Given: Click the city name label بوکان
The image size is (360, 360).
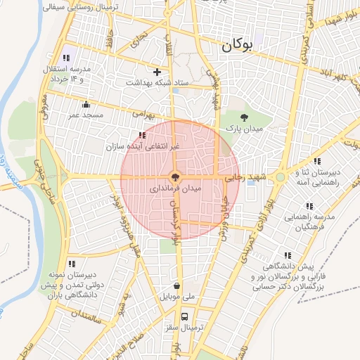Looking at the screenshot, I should (236, 47).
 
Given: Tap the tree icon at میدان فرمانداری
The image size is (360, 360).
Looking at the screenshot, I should (175, 178).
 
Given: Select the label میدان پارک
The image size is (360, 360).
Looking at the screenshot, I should (243, 129).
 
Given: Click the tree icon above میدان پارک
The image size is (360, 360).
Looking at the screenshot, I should (244, 117).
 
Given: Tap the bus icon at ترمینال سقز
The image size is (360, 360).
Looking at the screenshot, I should (184, 316).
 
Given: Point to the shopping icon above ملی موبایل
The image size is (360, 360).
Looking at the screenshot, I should (176, 286).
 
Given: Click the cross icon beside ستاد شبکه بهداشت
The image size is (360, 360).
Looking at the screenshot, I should (157, 72).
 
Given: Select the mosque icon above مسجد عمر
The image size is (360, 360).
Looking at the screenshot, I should (86, 104).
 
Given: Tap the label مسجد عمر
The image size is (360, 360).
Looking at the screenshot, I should (86, 114).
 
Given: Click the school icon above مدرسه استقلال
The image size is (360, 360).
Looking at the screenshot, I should (66, 58).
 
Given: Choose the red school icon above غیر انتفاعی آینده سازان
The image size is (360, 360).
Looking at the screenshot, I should (142, 134).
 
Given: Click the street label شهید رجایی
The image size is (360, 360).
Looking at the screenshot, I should (242, 180).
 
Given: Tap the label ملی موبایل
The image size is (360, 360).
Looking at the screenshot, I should (176, 297).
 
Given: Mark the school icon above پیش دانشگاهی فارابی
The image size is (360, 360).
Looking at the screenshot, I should (287, 256).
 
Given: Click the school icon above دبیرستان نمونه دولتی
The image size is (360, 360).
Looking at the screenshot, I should (72, 264).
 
